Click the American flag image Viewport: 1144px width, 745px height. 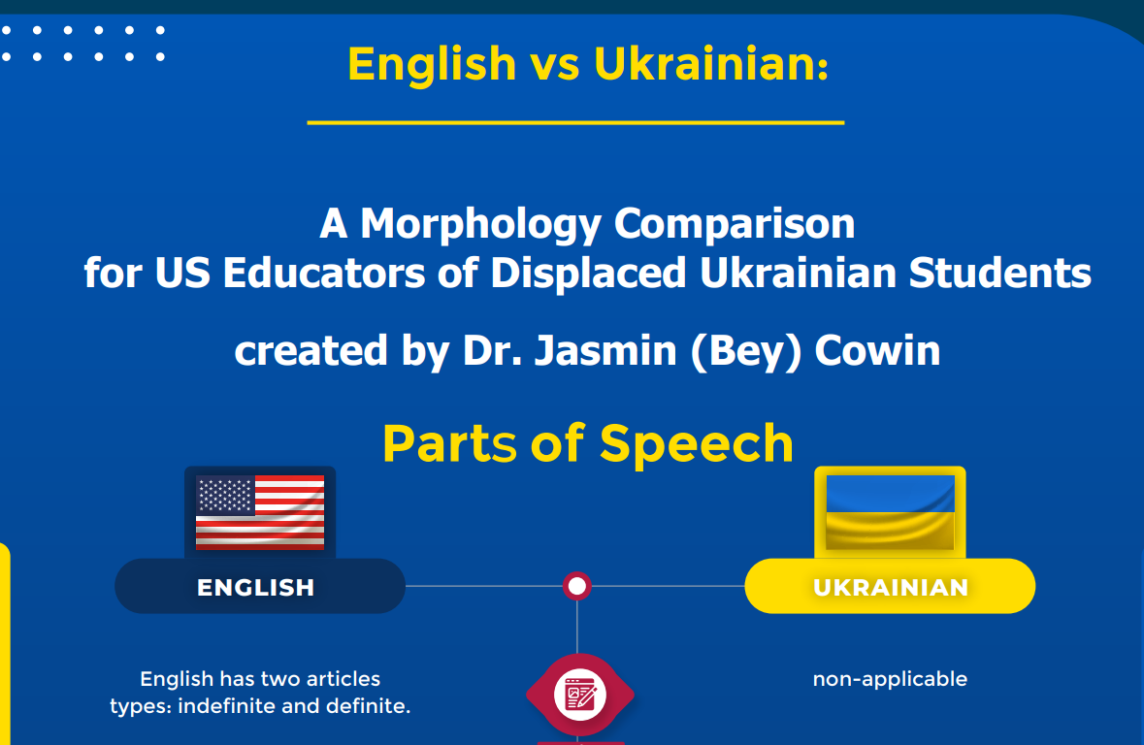[260, 512]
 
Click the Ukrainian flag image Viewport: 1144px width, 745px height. [890, 512]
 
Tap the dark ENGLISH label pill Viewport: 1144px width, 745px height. [260, 586]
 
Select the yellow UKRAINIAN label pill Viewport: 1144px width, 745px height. [890, 586]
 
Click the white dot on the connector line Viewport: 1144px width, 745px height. [577, 586]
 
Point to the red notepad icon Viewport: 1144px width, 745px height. [580, 695]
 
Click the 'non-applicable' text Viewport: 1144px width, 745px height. [890, 679]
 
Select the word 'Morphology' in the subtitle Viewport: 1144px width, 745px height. [481, 224]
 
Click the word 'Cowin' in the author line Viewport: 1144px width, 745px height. [877, 350]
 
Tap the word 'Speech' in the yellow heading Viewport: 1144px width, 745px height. [697, 443]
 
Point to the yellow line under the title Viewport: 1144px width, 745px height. [575, 122]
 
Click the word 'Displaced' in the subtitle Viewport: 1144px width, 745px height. [588, 273]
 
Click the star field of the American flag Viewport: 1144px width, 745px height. [225, 496]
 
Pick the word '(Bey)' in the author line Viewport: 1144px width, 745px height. [745, 351]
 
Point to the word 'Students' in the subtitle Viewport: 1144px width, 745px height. [999, 273]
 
